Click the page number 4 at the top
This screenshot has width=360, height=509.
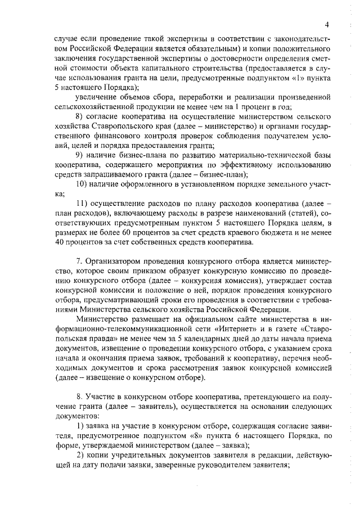(x=326, y=24)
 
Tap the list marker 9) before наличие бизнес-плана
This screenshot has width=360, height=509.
(x=80, y=155)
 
